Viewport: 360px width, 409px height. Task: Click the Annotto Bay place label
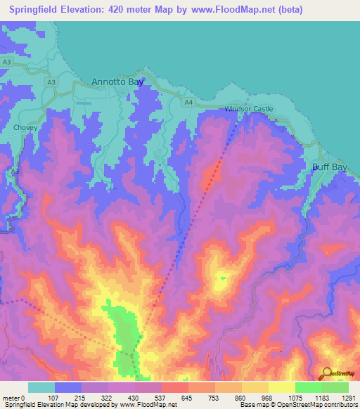pos(117,82)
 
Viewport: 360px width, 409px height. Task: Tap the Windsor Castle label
pos(248,110)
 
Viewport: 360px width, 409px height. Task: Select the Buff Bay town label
pos(331,168)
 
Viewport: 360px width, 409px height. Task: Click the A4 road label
pos(188,103)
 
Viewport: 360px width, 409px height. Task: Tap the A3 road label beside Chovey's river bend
pos(15,171)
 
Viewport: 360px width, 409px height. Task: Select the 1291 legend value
pos(348,397)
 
